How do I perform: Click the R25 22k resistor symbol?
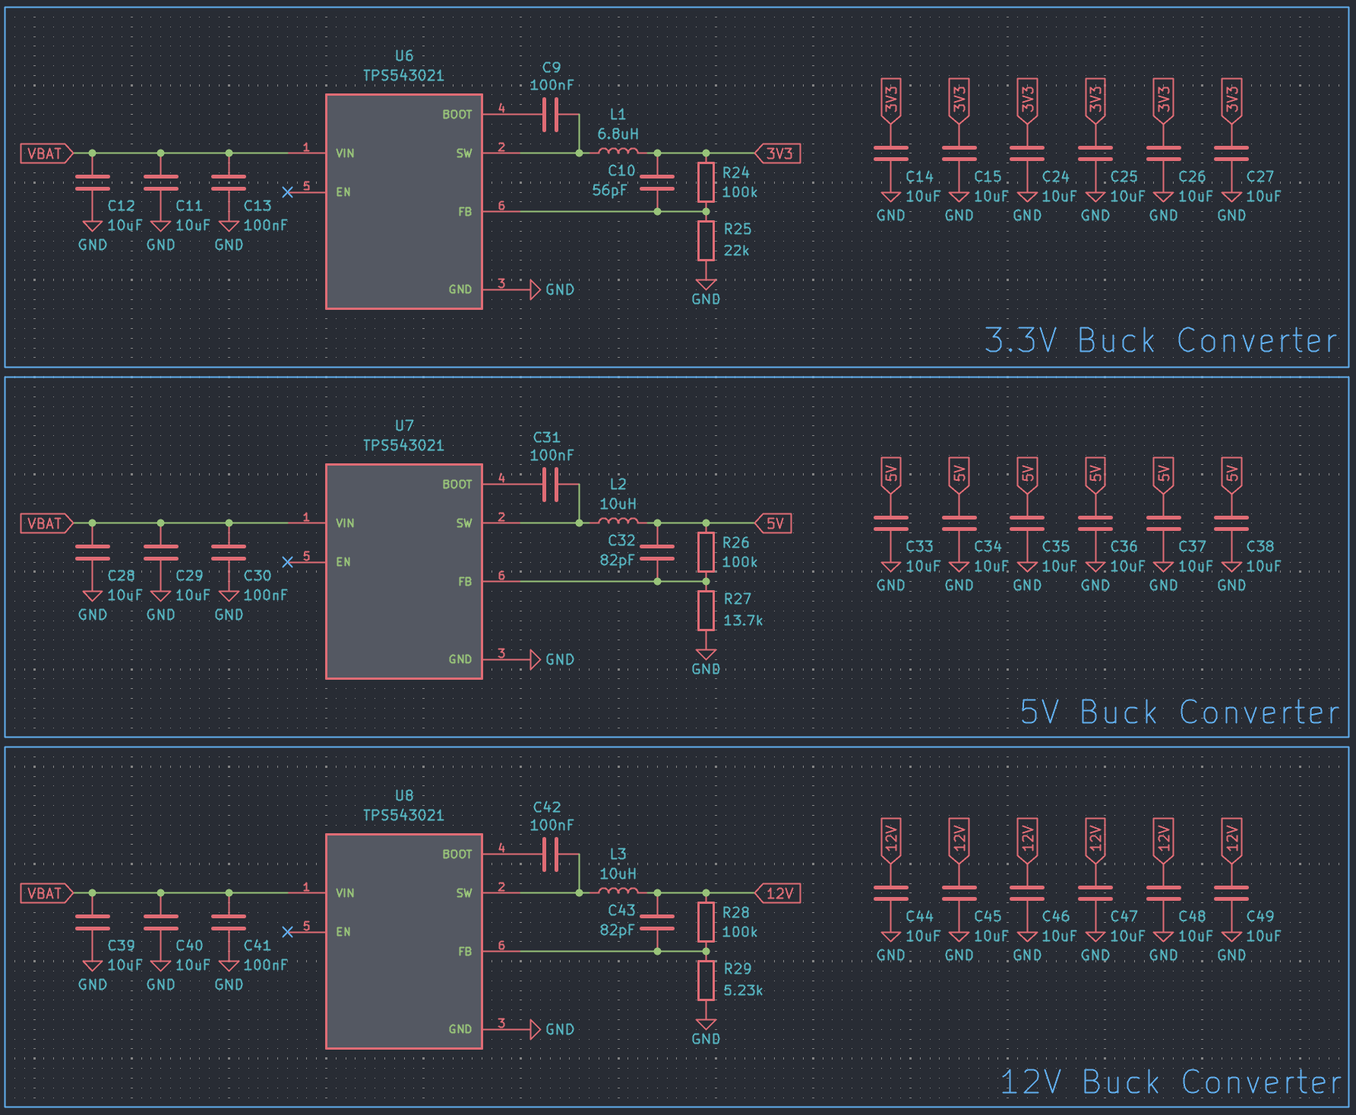tap(706, 240)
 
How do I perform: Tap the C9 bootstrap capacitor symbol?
tap(552, 115)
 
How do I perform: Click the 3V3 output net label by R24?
tap(778, 153)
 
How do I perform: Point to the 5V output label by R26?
tap(773, 523)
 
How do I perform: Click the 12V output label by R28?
tap(778, 893)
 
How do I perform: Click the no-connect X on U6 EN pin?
tap(287, 192)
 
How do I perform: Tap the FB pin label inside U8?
tap(465, 952)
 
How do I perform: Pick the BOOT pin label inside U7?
tap(457, 485)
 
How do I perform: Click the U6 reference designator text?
tap(404, 55)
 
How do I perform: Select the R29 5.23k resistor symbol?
tap(706, 980)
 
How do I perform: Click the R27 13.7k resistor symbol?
tap(706, 610)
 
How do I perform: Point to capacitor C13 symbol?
tap(229, 182)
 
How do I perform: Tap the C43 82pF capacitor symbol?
tap(657, 922)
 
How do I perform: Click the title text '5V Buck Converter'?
tap(1180, 712)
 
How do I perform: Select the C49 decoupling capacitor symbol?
tap(1231, 893)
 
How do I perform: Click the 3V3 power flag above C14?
tap(891, 99)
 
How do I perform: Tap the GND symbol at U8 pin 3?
tap(536, 1030)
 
